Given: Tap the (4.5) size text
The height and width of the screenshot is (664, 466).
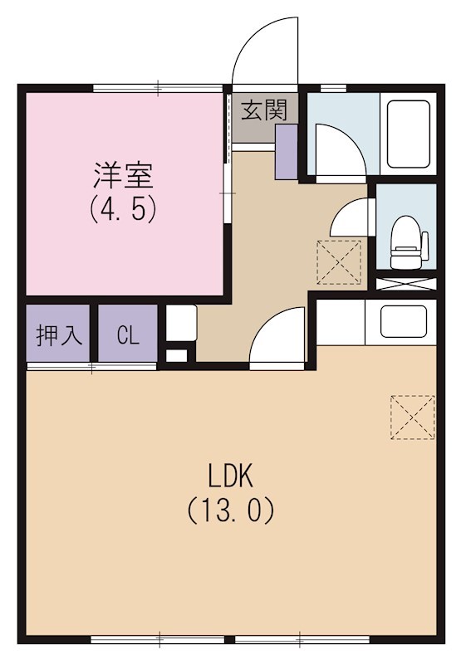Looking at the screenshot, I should point(123,207).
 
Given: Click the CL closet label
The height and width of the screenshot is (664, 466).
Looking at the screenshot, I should point(127,334).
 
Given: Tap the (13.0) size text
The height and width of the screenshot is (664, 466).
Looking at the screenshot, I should point(230,509).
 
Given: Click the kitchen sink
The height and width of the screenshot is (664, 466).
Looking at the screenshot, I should point(403,322).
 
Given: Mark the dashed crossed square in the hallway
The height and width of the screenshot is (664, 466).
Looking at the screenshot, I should point(340,261).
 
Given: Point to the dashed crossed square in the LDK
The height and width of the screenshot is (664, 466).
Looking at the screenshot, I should point(413,417).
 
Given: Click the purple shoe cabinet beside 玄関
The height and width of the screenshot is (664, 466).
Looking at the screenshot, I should point(286,153).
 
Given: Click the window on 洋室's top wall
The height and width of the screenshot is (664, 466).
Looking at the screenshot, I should point(158,86).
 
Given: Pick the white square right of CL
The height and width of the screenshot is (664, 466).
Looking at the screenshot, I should point(180,322).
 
